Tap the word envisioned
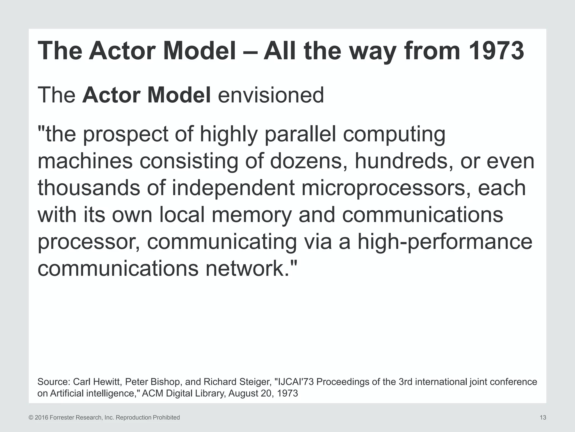point(271,95)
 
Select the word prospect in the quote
point(126,134)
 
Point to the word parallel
point(300,134)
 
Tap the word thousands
point(89,188)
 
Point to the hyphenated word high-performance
point(445,242)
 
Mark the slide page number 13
point(543,418)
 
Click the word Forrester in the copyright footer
point(61,418)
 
